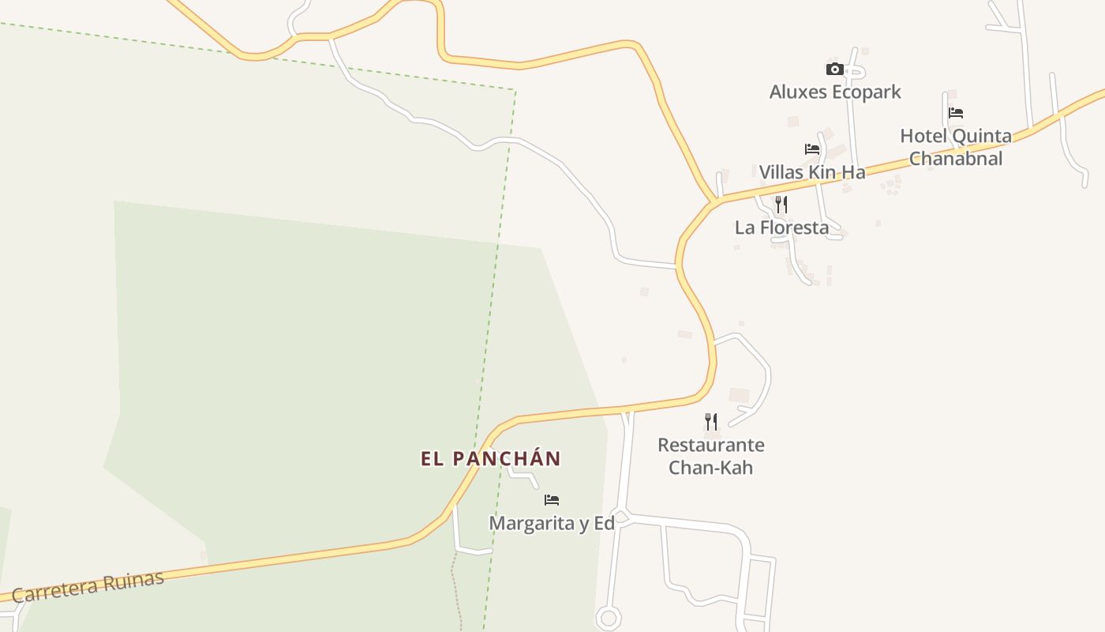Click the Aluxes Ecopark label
point(835,92)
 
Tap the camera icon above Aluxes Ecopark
point(835,70)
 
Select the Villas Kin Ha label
point(812,172)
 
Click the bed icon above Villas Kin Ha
point(812,149)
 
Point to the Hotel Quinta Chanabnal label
point(956,147)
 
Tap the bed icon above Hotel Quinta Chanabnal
point(956,113)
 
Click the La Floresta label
point(781,228)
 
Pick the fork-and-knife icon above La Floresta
point(781,205)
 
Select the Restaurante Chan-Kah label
point(711,456)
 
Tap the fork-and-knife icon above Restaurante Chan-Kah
point(711,422)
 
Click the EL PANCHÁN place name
point(491,459)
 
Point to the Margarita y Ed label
point(552,524)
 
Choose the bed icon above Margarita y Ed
point(552,500)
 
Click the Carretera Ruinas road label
point(88,586)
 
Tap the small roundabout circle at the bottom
point(608,618)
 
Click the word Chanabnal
point(956,159)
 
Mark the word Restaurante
point(711,445)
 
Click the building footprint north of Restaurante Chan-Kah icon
point(739,395)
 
